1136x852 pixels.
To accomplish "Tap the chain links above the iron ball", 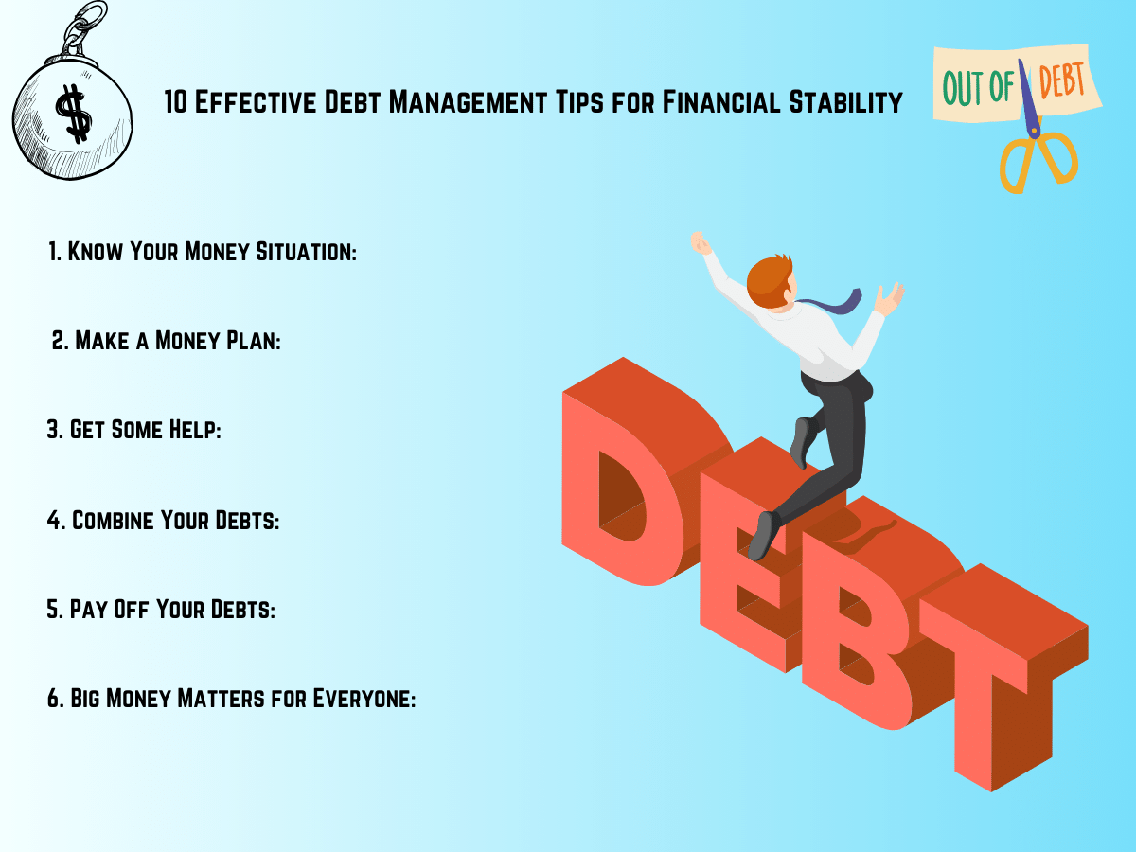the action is pos(82,28).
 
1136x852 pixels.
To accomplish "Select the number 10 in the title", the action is pos(175,101).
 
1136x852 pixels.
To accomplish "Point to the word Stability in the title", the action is pos(845,101).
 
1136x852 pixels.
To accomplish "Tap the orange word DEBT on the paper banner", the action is pos(1061,80).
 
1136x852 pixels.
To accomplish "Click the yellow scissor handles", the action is pos(1038,161).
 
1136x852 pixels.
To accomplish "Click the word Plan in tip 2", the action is pos(254,341).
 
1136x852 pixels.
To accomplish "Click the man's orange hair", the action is pos(769,281).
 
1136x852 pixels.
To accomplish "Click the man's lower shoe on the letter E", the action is pos(763,536).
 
